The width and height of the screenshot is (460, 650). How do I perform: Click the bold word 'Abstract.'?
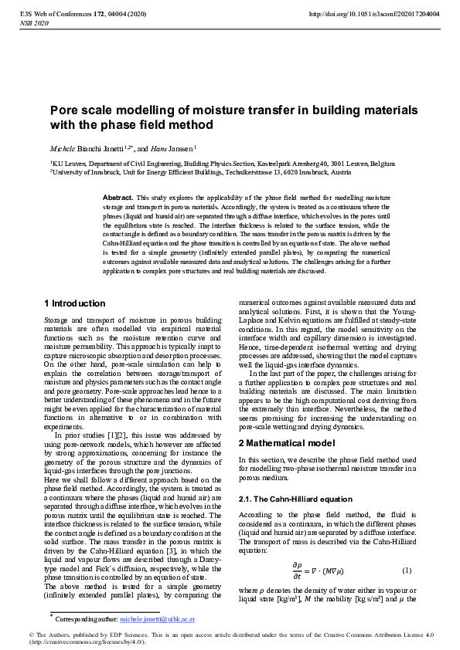(x=118, y=198)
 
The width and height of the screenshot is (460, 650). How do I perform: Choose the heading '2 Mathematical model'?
(x=288, y=443)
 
